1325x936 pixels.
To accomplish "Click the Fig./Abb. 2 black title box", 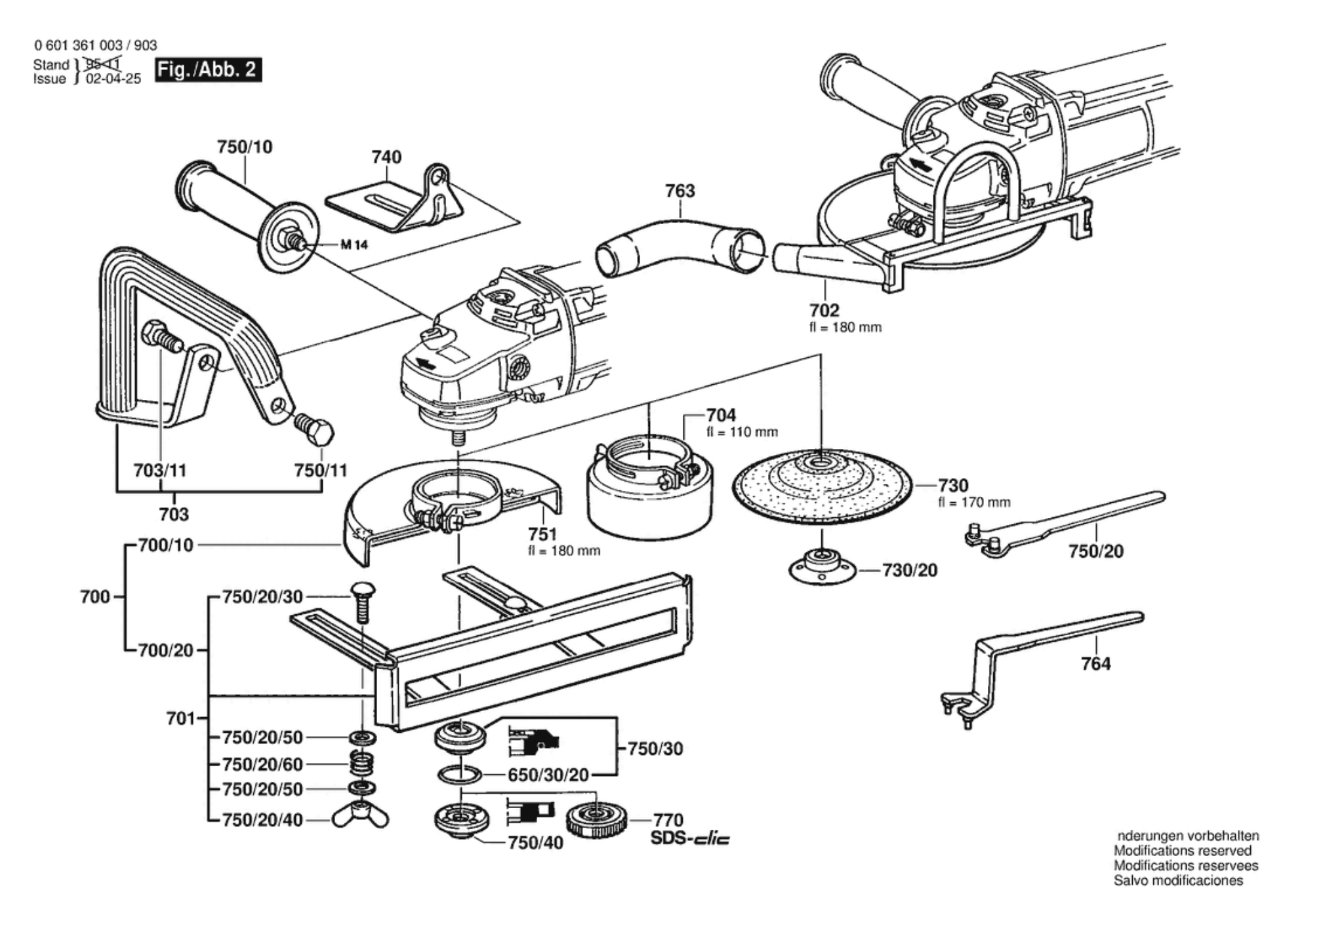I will pyautogui.click(x=208, y=69).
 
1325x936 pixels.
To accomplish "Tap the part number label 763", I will pyautogui.click(x=680, y=191).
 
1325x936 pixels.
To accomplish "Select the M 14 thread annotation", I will pyautogui.click(x=354, y=245).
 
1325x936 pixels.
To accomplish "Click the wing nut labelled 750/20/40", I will pyautogui.click(x=360, y=816).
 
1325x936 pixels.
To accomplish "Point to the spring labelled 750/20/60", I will pyautogui.click(x=361, y=763).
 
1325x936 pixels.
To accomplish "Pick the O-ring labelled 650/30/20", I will pyautogui.click(x=459, y=774).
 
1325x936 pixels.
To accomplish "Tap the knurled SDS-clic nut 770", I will pyautogui.click(x=596, y=819).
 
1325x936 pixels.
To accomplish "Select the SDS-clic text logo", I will pyautogui.click(x=689, y=838).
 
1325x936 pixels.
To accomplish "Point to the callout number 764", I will pyautogui.click(x=1095, y=664).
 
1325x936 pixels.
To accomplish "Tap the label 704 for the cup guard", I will pyautogui.click(x=721, y=415).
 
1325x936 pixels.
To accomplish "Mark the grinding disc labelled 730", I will pyautogui.click(x=823, y=486).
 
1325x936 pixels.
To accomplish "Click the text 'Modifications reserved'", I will pyautogui.click(x=1182, y=851).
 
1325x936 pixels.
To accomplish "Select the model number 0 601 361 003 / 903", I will pyautogui.click(x=96, y=45).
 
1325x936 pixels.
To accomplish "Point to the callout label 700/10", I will pyautogui.click(x=166, y=545).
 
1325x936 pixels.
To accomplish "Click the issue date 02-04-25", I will pyautogui.click(x=113, y=79).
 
